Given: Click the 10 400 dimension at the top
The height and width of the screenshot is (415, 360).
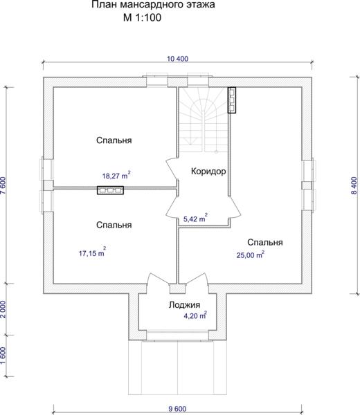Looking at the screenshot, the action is pos(177,59).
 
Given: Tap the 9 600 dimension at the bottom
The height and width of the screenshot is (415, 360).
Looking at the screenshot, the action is pos(177,409).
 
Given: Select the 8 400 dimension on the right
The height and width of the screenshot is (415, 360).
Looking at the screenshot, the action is pos(354,186).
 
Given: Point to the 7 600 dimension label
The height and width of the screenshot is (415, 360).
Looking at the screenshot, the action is pos(3,185).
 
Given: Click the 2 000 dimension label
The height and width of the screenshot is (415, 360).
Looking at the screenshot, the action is pos(3,309).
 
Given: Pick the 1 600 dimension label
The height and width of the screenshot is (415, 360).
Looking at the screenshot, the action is pos(3,356).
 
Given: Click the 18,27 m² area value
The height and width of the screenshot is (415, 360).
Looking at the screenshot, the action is pos(116,175).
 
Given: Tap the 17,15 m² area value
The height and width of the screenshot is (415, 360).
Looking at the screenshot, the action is pos(93,252).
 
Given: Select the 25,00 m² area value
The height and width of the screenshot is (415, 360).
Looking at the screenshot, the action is pos(251,255).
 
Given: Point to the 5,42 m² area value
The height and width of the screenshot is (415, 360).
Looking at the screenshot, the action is pos(195,219).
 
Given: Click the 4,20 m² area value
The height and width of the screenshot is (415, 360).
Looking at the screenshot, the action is pos(195,315).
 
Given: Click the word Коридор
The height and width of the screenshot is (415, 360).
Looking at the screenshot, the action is pos(208,172).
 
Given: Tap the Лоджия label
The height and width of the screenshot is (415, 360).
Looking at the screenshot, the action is pos(184,305).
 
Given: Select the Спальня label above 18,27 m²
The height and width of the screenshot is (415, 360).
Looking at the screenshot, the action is pos(114,140).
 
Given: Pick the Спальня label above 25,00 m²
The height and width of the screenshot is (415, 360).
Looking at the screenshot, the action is pos(265,242).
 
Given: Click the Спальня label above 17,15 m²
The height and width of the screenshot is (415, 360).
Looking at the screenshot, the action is pos(114,225).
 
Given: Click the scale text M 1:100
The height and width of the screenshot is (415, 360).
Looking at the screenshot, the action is pos(142,17).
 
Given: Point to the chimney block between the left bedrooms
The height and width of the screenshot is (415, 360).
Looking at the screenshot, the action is pos(110,190).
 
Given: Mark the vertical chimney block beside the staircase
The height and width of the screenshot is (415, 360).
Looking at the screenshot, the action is pos(232,100).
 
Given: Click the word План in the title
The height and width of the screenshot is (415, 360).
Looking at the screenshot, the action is pos(104,5).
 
